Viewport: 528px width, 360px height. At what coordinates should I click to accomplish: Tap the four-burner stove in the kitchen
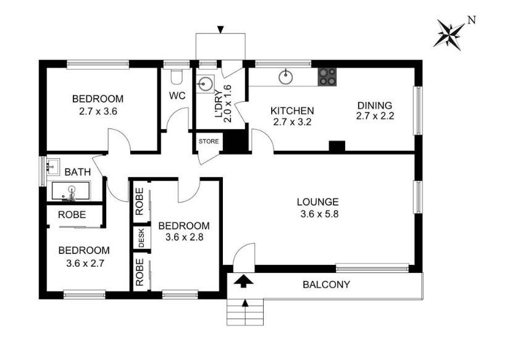click(x=327, y=77)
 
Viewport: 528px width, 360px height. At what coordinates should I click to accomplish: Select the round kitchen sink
click(x=285, y=77)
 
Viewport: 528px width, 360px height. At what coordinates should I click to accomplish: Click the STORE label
click(x=208, y=141)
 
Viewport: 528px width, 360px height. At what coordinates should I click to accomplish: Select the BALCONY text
click(x=326, y=285)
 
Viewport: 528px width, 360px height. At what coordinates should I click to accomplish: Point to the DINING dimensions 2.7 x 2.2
click(x=374, y=116)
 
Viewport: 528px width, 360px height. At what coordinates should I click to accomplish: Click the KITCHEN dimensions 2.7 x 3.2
click(x=292, y=122)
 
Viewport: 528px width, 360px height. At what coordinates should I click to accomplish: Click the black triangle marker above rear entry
click(x=221, y=28)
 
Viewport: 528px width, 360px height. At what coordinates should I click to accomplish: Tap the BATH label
click(x=77, y=172)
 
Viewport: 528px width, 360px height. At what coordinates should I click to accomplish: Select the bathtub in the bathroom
click(x=70, y=192)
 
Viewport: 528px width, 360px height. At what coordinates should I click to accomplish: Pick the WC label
click(x=178, y=96)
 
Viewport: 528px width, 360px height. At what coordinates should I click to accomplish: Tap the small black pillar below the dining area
click(x=337, y=146)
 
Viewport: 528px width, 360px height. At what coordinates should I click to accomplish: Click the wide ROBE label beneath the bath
click(x=72, y=214)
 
